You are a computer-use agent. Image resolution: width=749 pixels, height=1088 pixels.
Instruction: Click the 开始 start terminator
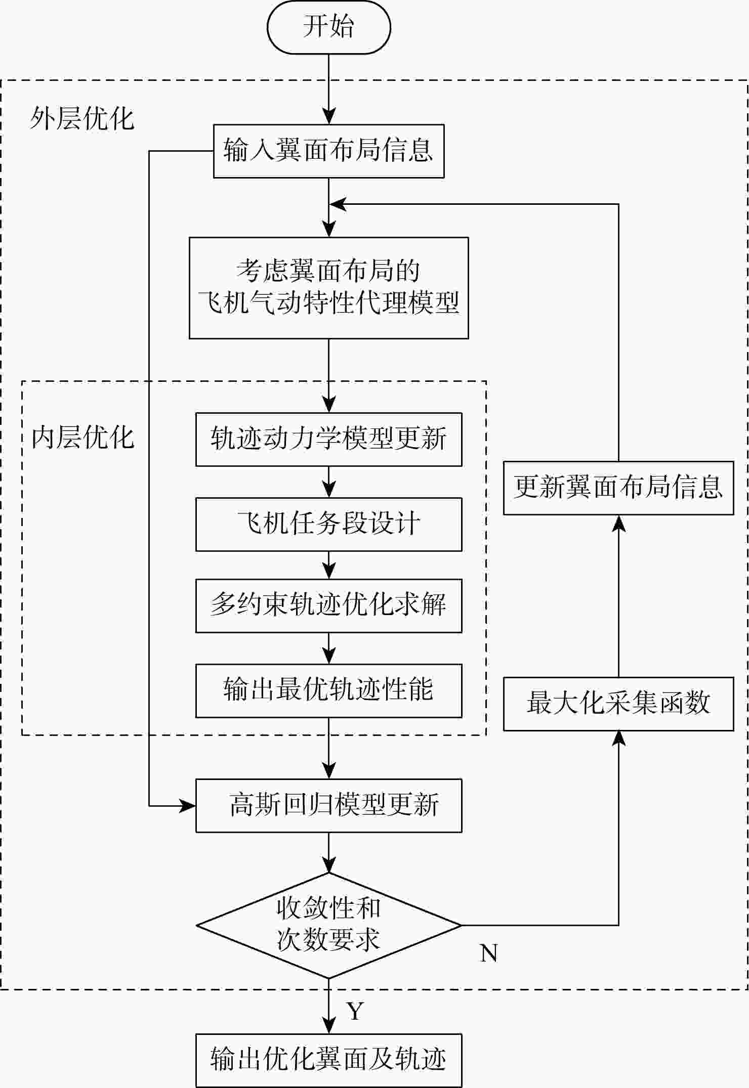(x=328, y=27)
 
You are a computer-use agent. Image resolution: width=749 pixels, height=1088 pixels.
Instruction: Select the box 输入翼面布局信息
(x=328, y=151)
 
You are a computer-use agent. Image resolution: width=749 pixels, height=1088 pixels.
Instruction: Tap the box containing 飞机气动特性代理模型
(x=328, y=288)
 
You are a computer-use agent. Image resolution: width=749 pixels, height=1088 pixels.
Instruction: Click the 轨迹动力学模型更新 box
(x=328, y=439)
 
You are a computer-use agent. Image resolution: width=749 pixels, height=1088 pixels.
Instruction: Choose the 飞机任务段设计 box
(x=328, y=524)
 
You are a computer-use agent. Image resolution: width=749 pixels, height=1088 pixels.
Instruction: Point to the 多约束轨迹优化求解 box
(x=328, y=605)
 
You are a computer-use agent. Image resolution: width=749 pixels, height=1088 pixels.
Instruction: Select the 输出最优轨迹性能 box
(x=328, y=690)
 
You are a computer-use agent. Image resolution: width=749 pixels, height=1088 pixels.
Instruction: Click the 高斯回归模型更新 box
(x=328, y=805)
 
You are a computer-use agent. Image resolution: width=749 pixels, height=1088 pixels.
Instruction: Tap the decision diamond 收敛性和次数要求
(x=328, y=925)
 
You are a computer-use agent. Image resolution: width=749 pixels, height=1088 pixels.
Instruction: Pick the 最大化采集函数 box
(x=618, y=704)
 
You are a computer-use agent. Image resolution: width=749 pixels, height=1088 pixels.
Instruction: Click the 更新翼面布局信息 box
(x=618, y=488)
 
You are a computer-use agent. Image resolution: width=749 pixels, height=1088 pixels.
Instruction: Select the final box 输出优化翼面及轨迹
(x=328, y=1060)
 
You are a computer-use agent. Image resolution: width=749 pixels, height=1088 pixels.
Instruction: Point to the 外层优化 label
(x=82, y=119)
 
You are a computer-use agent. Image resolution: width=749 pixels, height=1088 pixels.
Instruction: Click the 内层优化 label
(x=82, y=438)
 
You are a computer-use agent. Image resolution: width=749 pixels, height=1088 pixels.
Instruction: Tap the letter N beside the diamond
(x=488, y=953)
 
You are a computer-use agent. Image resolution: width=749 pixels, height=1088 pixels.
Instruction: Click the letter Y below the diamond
(x=355, y=1011)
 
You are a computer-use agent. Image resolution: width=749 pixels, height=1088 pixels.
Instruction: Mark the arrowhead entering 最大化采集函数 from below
(x=618, y=738)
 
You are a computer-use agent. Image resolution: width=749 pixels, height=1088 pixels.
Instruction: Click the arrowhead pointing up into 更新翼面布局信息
(x=618, y=523)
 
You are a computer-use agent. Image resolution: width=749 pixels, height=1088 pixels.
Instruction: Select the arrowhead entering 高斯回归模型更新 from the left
(x=188, y=806)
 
